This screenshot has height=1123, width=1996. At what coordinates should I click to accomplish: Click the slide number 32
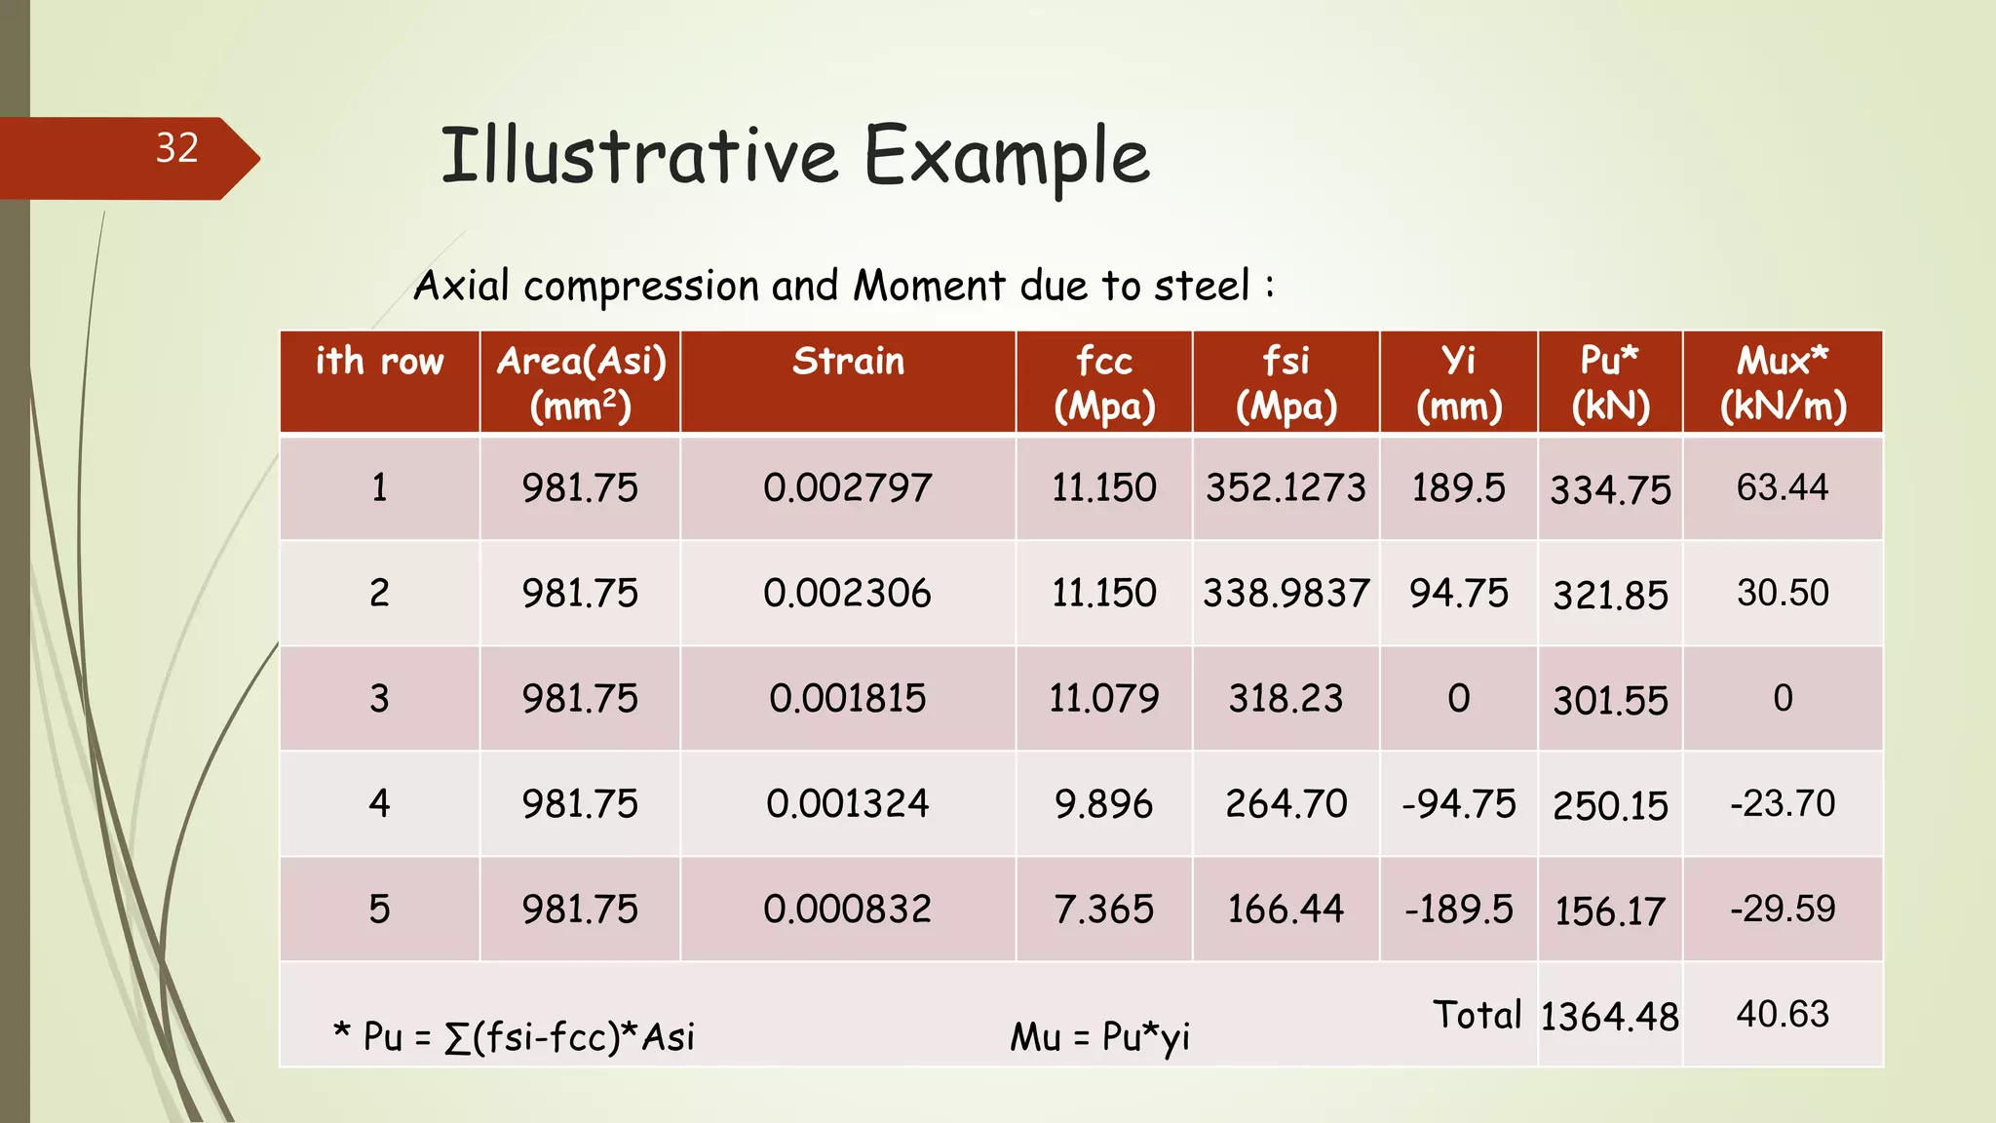(x=176, y=148)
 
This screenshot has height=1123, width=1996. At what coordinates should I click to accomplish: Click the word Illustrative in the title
(x=638, y=156)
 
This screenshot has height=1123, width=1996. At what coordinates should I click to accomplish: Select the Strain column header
(x=848, y=362)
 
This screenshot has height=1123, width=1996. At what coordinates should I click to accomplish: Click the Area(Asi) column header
(x=581, y=382)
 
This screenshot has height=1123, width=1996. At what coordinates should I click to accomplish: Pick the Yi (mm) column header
(x=1458, y=382)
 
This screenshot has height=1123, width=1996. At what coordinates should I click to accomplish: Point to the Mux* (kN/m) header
(x=1783, y=382)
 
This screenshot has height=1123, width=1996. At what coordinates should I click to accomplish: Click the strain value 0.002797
(x=847, y=487)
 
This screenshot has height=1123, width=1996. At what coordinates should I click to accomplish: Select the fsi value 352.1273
(x=1286, y=487)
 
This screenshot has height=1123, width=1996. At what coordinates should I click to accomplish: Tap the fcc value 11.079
(x=1103, y=698)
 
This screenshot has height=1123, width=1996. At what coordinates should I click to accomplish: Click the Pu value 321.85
(x=1610, y=595)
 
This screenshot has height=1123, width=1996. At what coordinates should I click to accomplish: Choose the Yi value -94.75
(x=1458, y=804)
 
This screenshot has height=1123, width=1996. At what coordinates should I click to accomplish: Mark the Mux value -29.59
(x=1783, y=909)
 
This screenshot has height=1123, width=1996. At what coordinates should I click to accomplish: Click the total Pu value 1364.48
(x=1609, y=1017)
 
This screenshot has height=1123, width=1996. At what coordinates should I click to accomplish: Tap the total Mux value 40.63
(x=1783, y=1014)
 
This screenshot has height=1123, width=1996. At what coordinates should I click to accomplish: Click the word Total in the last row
(x=1477, y=1015)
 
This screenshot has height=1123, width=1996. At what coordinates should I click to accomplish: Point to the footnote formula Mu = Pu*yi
(x=1099, y=1036)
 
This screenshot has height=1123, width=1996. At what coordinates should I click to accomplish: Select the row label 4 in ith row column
(x=379, y=803)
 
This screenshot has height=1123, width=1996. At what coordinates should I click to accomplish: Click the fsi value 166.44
(x=1286, y=909)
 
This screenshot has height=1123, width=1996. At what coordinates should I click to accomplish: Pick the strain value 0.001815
(x=847, y=698)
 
